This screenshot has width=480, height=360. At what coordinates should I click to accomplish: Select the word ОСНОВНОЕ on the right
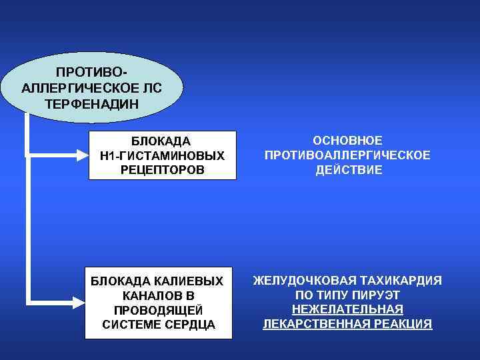pyautogui.click(x=347, y=141)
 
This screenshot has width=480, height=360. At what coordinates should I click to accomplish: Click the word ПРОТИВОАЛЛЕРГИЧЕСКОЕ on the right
pyautogui.click(x=347, y=155)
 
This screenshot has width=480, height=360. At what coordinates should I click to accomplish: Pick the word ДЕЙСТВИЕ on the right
pyautogui.click(x=347, y=170)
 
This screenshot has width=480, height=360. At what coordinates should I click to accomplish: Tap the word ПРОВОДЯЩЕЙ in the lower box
pyautogui.click(x=159, y=310)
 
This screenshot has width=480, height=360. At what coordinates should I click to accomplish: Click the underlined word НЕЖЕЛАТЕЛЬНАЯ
pyautogui.click(x=347, y=309)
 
